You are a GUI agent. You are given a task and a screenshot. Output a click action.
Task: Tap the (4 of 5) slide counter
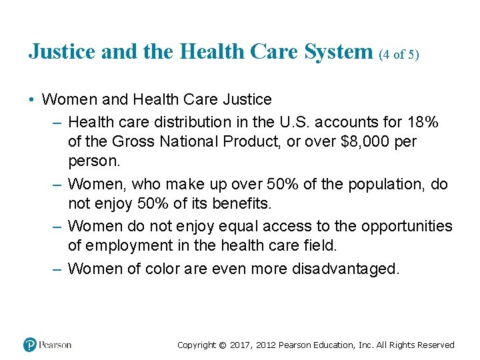[399, 55]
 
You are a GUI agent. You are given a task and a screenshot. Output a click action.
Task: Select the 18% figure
[422, 122]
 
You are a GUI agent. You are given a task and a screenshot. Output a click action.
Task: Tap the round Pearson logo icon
[30, 345]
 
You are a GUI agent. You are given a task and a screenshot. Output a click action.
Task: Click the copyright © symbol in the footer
[223, 345]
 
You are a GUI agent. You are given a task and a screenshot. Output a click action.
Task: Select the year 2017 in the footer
[242, 345]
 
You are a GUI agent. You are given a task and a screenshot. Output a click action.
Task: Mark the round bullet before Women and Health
[32, 100]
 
